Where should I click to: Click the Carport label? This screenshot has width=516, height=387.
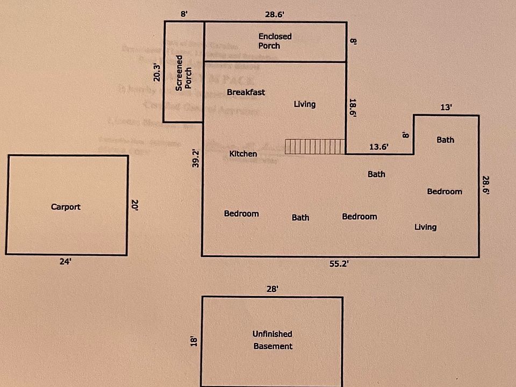[x=66, y=206]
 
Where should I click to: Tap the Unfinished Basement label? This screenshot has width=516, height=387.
[x=273, y=340]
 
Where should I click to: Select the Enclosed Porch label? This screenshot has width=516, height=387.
[x=275, y=41]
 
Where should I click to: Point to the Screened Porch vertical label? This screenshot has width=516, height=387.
[x=184, y=73]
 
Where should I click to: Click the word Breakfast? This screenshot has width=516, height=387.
[x=246, y=92]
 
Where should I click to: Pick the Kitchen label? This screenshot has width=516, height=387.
[x=243, y=154]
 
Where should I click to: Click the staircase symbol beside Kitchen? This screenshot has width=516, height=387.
[x=314, y=146]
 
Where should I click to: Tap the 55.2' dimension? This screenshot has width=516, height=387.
[x=339, y=263]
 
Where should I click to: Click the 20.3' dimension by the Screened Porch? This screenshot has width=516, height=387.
[x=156, y=73]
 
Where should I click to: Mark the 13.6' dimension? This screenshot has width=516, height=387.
[x=379, y=146]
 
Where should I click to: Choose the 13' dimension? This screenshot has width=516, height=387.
[x=446, y=107]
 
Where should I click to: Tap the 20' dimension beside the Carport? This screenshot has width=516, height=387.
[x=135, y=205]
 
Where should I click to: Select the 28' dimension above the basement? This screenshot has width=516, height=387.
[x=272, y=289]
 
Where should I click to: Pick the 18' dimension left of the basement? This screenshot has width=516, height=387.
[x=195, y=340]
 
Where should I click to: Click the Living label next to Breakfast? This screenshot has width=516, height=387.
[x=304, y=104]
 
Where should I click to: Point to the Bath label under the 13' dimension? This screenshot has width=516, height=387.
[x=445, y=140]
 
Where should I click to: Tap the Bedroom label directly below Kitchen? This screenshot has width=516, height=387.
[x=241, y=214]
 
